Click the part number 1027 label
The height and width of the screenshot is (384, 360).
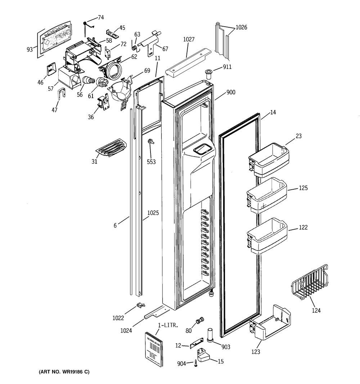[189, 40]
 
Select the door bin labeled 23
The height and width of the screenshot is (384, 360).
[269, 160]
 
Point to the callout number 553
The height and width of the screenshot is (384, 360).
[151, 162]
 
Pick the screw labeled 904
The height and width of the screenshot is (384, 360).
[195, 363]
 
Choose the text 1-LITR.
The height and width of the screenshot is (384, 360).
[168, 325]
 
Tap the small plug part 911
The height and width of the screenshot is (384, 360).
[208, 74]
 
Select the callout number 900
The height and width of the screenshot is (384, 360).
[231, 92]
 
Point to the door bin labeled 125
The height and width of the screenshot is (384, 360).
[267, 195]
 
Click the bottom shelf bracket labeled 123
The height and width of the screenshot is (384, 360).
[270, 322]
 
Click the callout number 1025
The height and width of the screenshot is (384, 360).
[153, 213]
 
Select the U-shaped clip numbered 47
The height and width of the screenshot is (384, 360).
[62, 94]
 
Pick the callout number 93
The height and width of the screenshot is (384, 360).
[30, 50]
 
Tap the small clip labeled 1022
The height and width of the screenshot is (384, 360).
[141, 305]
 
